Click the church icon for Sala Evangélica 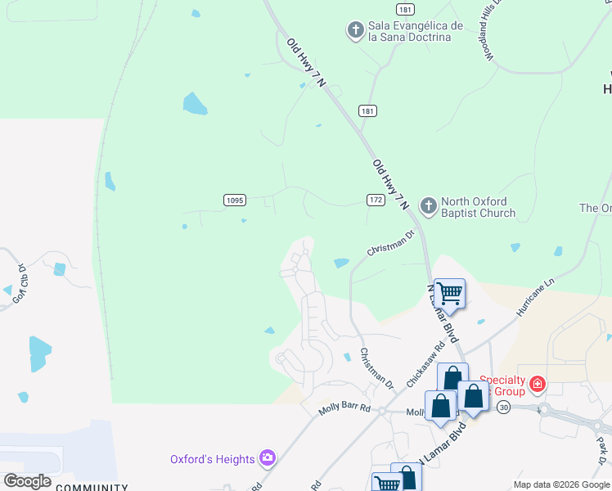[x=355, y=31]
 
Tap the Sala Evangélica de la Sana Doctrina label [x=416, y=31]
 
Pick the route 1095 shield [x=235, y=200]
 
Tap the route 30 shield [x=504, y=408]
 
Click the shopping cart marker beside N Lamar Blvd [x=449, y=293]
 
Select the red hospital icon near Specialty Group [x=538, y=383]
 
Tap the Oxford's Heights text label [x=213, y=459]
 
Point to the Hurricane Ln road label [x=536, y=297]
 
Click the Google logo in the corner [x=27, y=480]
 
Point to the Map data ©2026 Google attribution [x=562, y=484]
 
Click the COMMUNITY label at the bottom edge [x=91, y=488]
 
